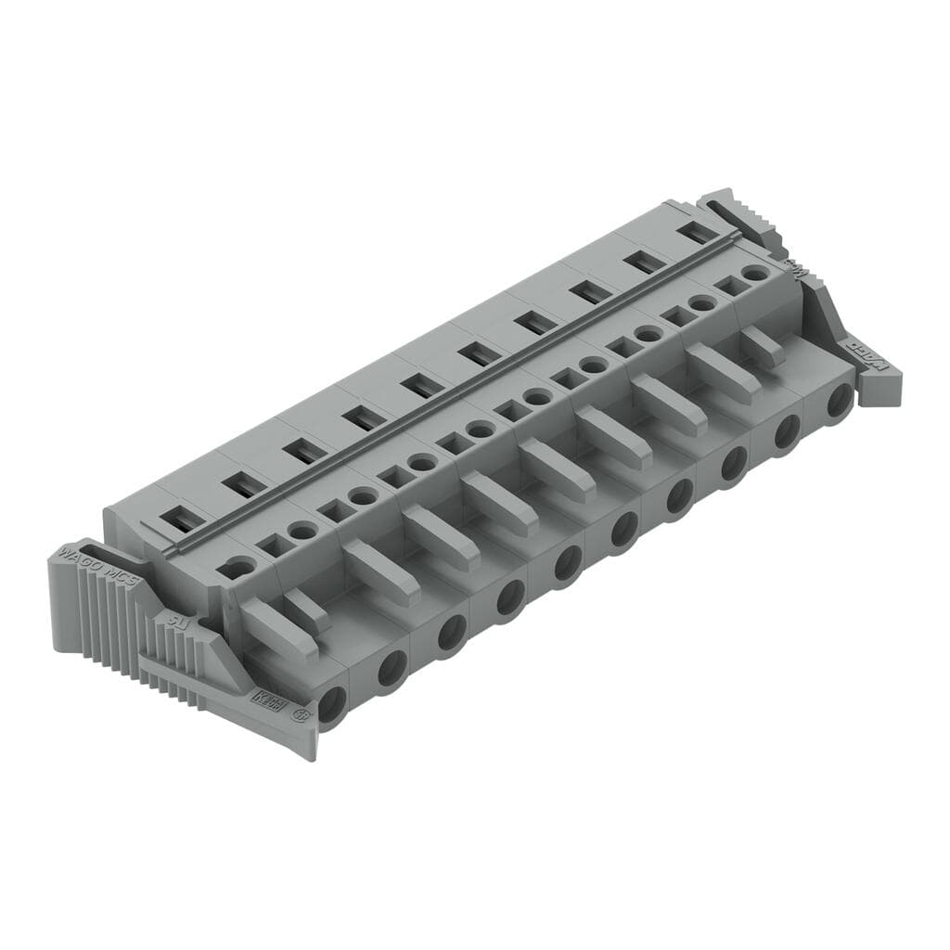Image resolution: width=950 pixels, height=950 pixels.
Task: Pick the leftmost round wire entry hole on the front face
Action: (331, 703)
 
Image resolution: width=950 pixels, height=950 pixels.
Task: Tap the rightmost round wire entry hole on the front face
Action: (841, 401)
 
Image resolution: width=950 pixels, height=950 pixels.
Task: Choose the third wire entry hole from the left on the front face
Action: (452, 632)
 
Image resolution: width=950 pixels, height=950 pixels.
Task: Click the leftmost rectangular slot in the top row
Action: (182, 520)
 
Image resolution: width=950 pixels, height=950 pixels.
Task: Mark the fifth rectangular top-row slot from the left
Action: (418, 386)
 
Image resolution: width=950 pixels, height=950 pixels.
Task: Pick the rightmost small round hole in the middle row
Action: (756, 273)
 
